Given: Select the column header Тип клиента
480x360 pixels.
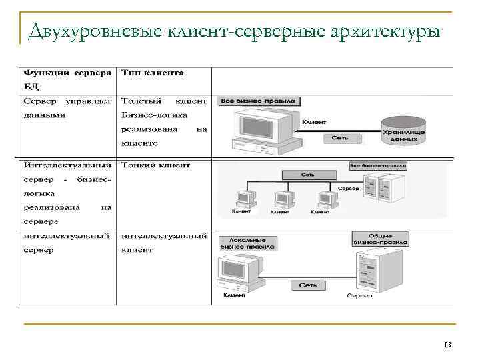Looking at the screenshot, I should point(153,72).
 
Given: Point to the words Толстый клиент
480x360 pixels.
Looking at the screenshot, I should point(163,101).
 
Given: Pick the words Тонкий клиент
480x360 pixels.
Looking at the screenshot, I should point(155,165).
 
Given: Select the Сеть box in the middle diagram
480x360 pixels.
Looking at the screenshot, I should point(307,174).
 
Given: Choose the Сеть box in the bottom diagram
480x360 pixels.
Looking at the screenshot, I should point(307,285).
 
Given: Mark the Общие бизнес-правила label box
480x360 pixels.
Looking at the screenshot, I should point(378,239).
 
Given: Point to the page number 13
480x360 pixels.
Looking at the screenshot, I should point(447,345).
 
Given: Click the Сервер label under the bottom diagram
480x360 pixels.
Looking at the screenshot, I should point(359,295).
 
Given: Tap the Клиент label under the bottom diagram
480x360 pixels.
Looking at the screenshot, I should point(234,295).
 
